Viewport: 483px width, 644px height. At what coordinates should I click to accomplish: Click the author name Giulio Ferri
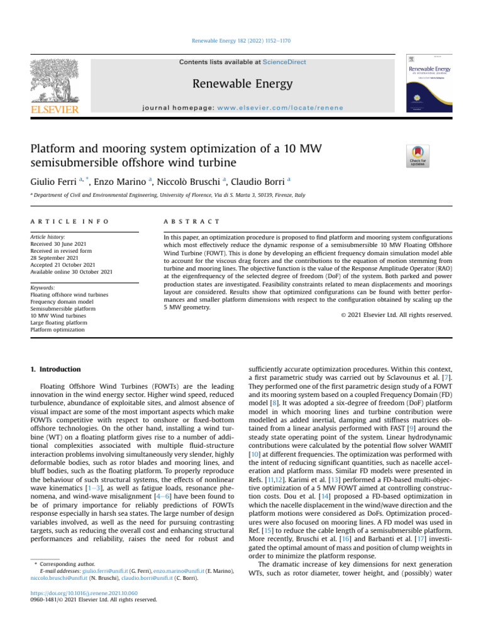[55, 181]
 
